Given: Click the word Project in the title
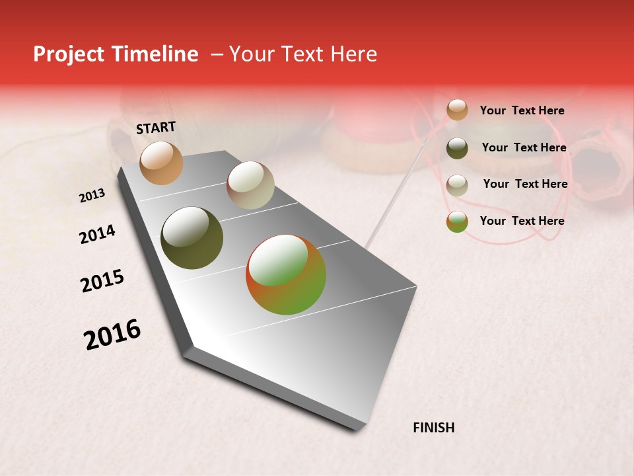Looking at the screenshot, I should (63, 54).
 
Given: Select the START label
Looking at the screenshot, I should (156, 128).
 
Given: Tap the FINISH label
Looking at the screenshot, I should (433, 428).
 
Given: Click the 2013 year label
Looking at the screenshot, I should (92, 196).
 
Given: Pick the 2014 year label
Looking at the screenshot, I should (97, 234).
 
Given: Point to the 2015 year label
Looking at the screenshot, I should (102, 281).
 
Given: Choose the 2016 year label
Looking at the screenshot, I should (112, 335).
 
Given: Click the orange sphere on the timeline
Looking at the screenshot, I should (161, 163).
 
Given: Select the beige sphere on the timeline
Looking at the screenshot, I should (250, 185).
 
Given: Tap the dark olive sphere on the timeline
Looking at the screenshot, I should (192, 238).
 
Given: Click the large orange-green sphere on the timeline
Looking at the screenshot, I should (286, 274).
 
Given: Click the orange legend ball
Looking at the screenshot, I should (457, 110).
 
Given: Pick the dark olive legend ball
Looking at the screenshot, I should (457, 148).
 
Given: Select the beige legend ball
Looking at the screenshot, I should (457, 185).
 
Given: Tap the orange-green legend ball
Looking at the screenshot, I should (457, 221).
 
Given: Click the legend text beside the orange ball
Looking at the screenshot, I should (522, 110).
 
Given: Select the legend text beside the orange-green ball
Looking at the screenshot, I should (522, 221).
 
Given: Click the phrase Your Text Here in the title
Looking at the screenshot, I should (303, 54).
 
